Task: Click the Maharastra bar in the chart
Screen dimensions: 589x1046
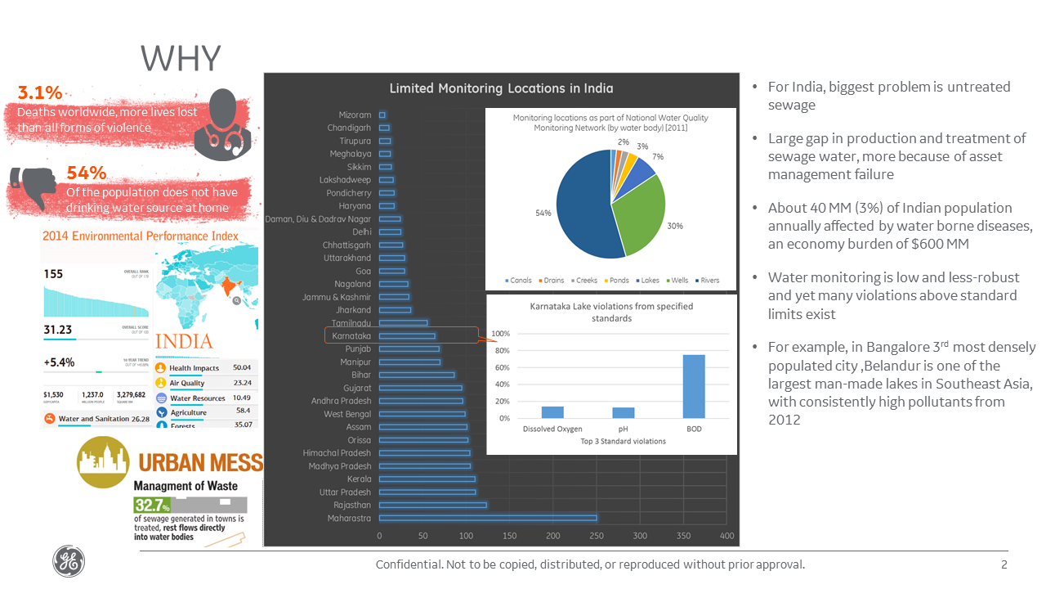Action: (488, 518)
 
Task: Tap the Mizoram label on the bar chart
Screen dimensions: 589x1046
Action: (355, 115)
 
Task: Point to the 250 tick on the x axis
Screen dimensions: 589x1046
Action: (596, 536)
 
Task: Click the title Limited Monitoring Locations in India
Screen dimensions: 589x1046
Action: (501, 88)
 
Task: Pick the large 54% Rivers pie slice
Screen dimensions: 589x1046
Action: (580, 213)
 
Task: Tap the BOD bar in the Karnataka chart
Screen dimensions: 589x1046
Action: (693, 386)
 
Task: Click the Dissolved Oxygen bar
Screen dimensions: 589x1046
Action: (552, 412)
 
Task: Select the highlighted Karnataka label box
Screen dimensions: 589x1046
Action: (351, 336)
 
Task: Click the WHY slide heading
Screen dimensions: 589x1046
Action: (181, 59)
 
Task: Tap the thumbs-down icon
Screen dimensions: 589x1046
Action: (29, 186)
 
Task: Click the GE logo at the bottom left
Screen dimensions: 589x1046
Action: (68, 562)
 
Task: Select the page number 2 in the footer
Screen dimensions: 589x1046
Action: (1004, 564)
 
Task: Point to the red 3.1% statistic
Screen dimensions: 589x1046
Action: (40, 93)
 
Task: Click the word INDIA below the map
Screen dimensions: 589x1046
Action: (184, 341)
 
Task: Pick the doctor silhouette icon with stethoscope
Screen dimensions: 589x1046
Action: (222, 123)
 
